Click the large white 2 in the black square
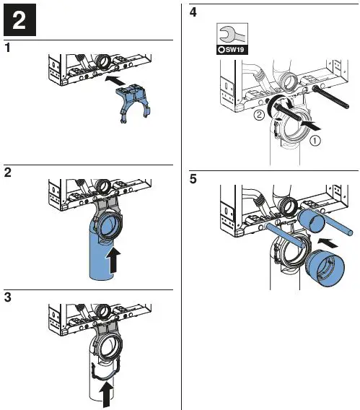tap(19, 20)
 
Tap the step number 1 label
tap(8, 48)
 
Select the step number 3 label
tap(8, 297)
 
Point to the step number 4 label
tap(193, 12)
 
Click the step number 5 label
tap(193, 179)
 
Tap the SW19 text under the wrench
tap(234, 50)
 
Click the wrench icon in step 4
tap(232, 34)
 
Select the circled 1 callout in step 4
tap(315, 141)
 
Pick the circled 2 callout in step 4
tap(259, 115)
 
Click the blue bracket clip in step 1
tap(133, 102)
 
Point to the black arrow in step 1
tap(116, 80)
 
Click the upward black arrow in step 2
tap(113, 261)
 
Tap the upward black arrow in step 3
tap(107, 394)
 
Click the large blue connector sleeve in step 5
tap(325, 268)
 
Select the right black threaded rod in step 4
tap(330, 97)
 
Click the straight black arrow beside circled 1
tap(310, 125)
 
